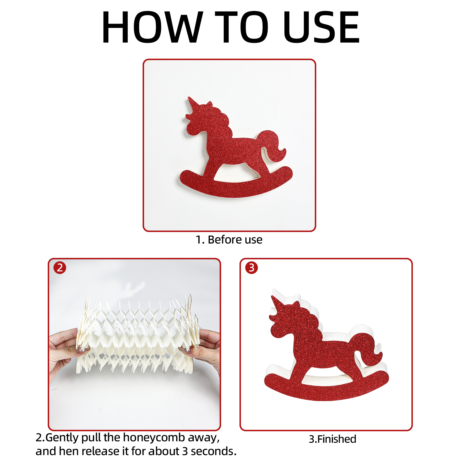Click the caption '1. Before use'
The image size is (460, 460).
(229, 239)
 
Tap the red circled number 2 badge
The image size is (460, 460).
(60, 268)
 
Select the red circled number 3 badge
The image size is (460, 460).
(252, 268)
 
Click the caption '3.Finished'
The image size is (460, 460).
(332, 439)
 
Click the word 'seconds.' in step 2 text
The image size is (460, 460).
(214, 451)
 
